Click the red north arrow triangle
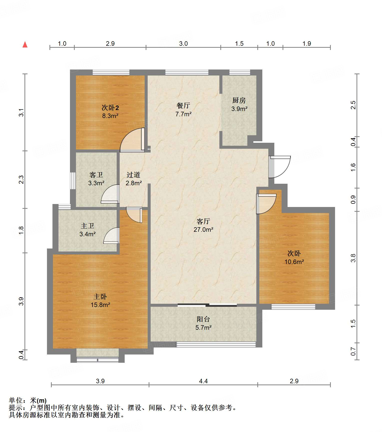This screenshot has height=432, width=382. (x=25, y=44)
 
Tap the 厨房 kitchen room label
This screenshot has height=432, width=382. (x=239, y=100)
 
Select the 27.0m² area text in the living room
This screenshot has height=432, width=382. (x=203, y=229)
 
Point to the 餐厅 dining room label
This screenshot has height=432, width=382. (x=183, y=105)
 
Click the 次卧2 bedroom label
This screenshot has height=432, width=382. (x=110, y=107)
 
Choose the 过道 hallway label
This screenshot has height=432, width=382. (x=133, y=175)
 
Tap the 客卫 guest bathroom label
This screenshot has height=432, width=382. (x=96, y=175)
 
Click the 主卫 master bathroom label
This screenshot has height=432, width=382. (x=87, y=226)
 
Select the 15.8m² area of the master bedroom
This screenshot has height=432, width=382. (x=100, y=305)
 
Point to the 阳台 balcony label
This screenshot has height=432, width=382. (x=203, y=319)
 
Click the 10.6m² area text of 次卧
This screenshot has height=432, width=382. (x=294, y=262)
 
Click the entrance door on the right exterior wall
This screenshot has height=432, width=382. (x=280, y=167)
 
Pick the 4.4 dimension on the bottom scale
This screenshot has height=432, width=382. (x=203, y=381)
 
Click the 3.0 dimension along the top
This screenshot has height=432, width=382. (x=183, y=43)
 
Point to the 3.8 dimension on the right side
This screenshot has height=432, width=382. (x=353, y=258)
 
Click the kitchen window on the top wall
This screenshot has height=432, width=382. (x=240, y=72)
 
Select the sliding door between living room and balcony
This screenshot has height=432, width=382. (x=207, y=305)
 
